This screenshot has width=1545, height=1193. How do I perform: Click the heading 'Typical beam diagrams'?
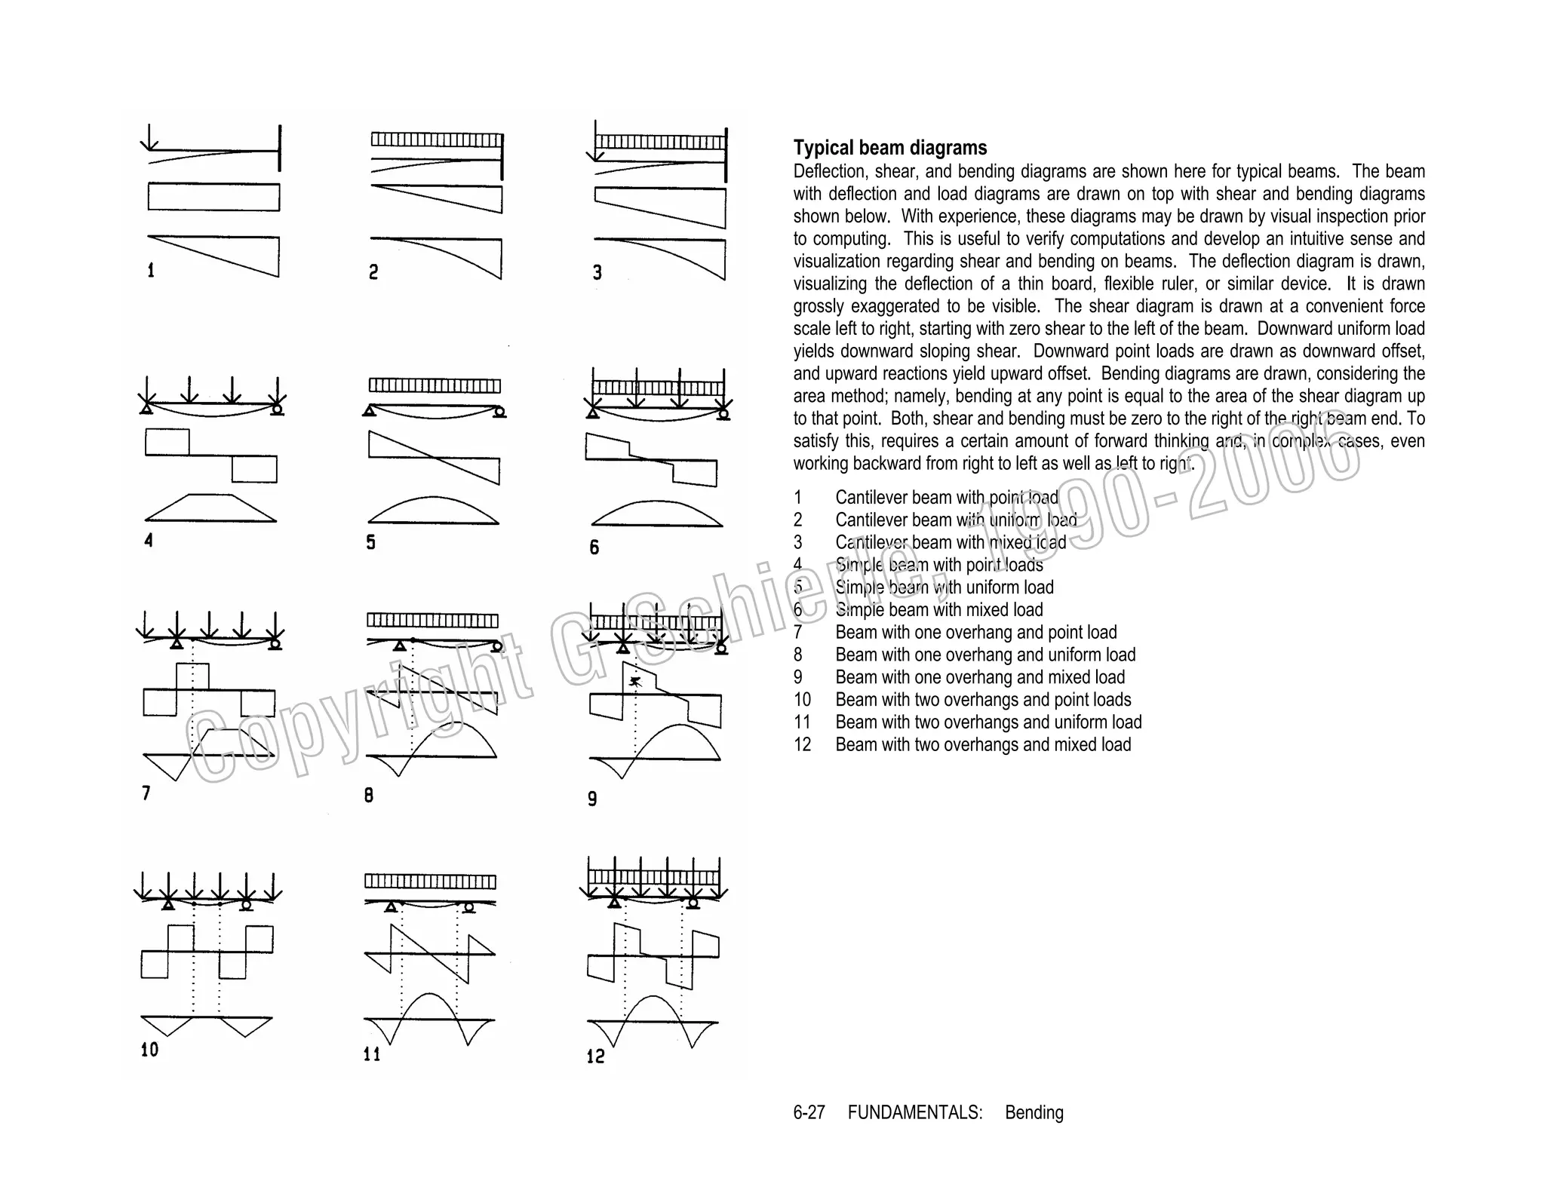click(x=889, y=148)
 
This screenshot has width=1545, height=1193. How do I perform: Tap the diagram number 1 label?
click(x=151, y=270)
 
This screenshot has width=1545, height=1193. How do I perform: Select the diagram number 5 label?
click(x=370, y=542)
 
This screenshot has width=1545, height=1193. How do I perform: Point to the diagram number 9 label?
click(x=592, y=799)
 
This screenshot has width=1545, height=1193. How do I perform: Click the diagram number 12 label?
click(x=596, y=1056)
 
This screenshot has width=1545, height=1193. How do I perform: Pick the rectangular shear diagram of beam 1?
click(x=213, y=198)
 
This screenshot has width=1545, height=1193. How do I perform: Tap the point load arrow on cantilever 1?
click(x=149, y=136)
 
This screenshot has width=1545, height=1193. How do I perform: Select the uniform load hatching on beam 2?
click(x=436, y=140)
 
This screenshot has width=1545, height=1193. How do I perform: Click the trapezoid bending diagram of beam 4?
click(x=211, y=509)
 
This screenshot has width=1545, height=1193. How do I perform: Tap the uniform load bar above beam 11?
click(x=430, y=882)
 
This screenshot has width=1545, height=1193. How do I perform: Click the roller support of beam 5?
click(x=499, y=411)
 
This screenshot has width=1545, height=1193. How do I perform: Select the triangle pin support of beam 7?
click(x=177, y=643)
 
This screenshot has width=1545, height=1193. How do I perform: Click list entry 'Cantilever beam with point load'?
click(x=946, y=498)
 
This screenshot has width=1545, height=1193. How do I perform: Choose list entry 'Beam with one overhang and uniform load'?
click(x=984, y=655)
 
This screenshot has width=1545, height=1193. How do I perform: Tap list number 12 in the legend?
click(x=802, y=744)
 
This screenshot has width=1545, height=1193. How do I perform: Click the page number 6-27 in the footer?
click(x=809, y=1112)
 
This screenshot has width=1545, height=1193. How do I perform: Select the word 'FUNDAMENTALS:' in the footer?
click(x=914, y=1112)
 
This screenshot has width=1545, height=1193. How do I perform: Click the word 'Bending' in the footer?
click(x=1034, y=1112)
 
